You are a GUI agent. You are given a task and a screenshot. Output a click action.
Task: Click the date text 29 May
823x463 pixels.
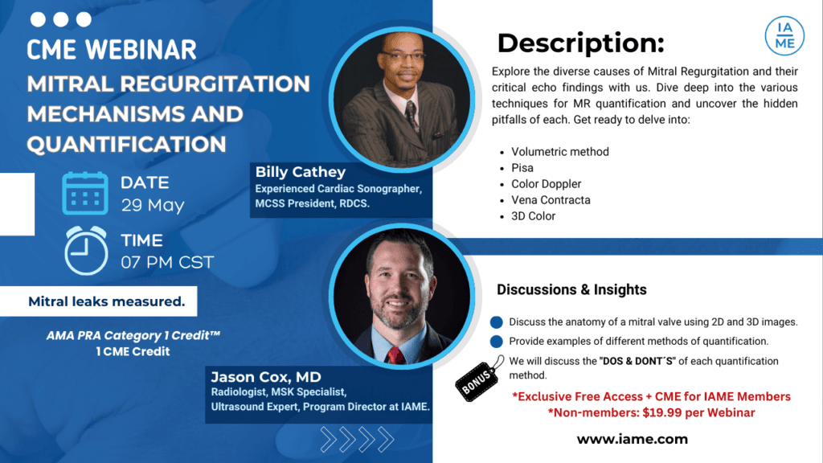(x=153, y=205)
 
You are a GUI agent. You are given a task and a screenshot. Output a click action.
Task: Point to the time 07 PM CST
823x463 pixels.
(x=167, y=261)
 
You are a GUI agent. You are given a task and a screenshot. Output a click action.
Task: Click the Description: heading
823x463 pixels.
(x=580, y=43)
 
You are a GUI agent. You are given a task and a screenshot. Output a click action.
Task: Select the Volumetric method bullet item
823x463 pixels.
(x=560, y=151)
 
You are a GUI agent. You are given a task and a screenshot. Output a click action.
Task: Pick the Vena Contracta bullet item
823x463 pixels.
(x=551, y=199)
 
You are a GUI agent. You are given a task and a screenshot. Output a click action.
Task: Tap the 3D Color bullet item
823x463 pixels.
(x=533, y=215)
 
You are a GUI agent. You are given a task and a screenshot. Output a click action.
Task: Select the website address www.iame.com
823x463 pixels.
(x=632, y=439)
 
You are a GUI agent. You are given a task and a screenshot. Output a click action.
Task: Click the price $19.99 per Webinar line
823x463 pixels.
(x=652, y=412)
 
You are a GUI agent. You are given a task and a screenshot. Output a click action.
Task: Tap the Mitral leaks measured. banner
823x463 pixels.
(x=107, y=302)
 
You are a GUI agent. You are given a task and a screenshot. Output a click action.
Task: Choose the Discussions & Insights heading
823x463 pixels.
(x=571, y=289)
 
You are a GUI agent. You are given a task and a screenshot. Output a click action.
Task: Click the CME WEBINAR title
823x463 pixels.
(x=112, y=49)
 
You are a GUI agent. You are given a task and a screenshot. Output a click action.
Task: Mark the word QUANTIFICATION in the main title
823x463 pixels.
(x=126, y=144)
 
